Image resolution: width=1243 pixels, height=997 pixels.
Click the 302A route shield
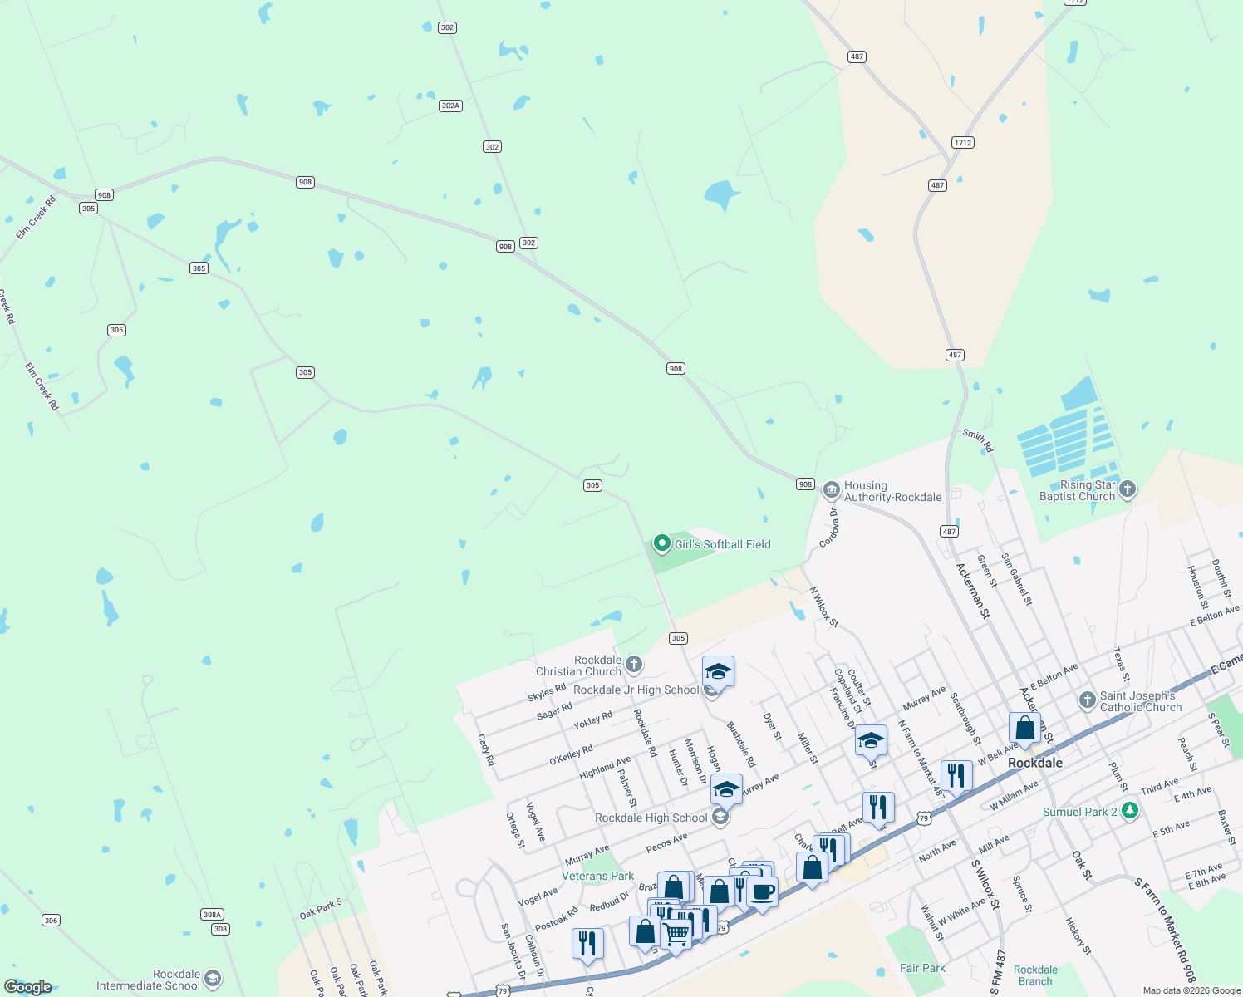tap(450, 106)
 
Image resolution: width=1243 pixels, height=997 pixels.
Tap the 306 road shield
tap(52, 920)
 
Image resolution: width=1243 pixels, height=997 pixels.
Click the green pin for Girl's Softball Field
tap(661, 543)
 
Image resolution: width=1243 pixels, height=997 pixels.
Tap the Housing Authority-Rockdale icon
tap(831, 490)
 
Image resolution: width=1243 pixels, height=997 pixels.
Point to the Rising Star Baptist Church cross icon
tap(1127, 489)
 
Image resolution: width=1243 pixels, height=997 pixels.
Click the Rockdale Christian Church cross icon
tap(634, 664)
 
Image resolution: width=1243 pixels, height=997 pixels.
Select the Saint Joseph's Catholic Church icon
tap(1088, 700)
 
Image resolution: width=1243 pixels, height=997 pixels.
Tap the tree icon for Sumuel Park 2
tap(1129, 811)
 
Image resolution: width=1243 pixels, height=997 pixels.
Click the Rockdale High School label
tap(651, 818)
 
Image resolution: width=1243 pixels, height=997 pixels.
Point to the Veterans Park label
tap(597, 876)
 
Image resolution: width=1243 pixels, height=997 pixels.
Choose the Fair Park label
tap(922, 968)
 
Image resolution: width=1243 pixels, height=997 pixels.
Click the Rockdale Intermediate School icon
tap(213, 979)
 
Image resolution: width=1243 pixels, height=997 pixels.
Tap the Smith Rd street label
tap(978, 440)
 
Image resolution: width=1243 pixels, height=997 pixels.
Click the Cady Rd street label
tap(486, 749)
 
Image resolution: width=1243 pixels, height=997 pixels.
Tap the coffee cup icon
tap(762, 893)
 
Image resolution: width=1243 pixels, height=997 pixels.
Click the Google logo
tap(28, 986)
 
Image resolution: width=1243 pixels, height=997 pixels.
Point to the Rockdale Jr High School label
tap(636, 690)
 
